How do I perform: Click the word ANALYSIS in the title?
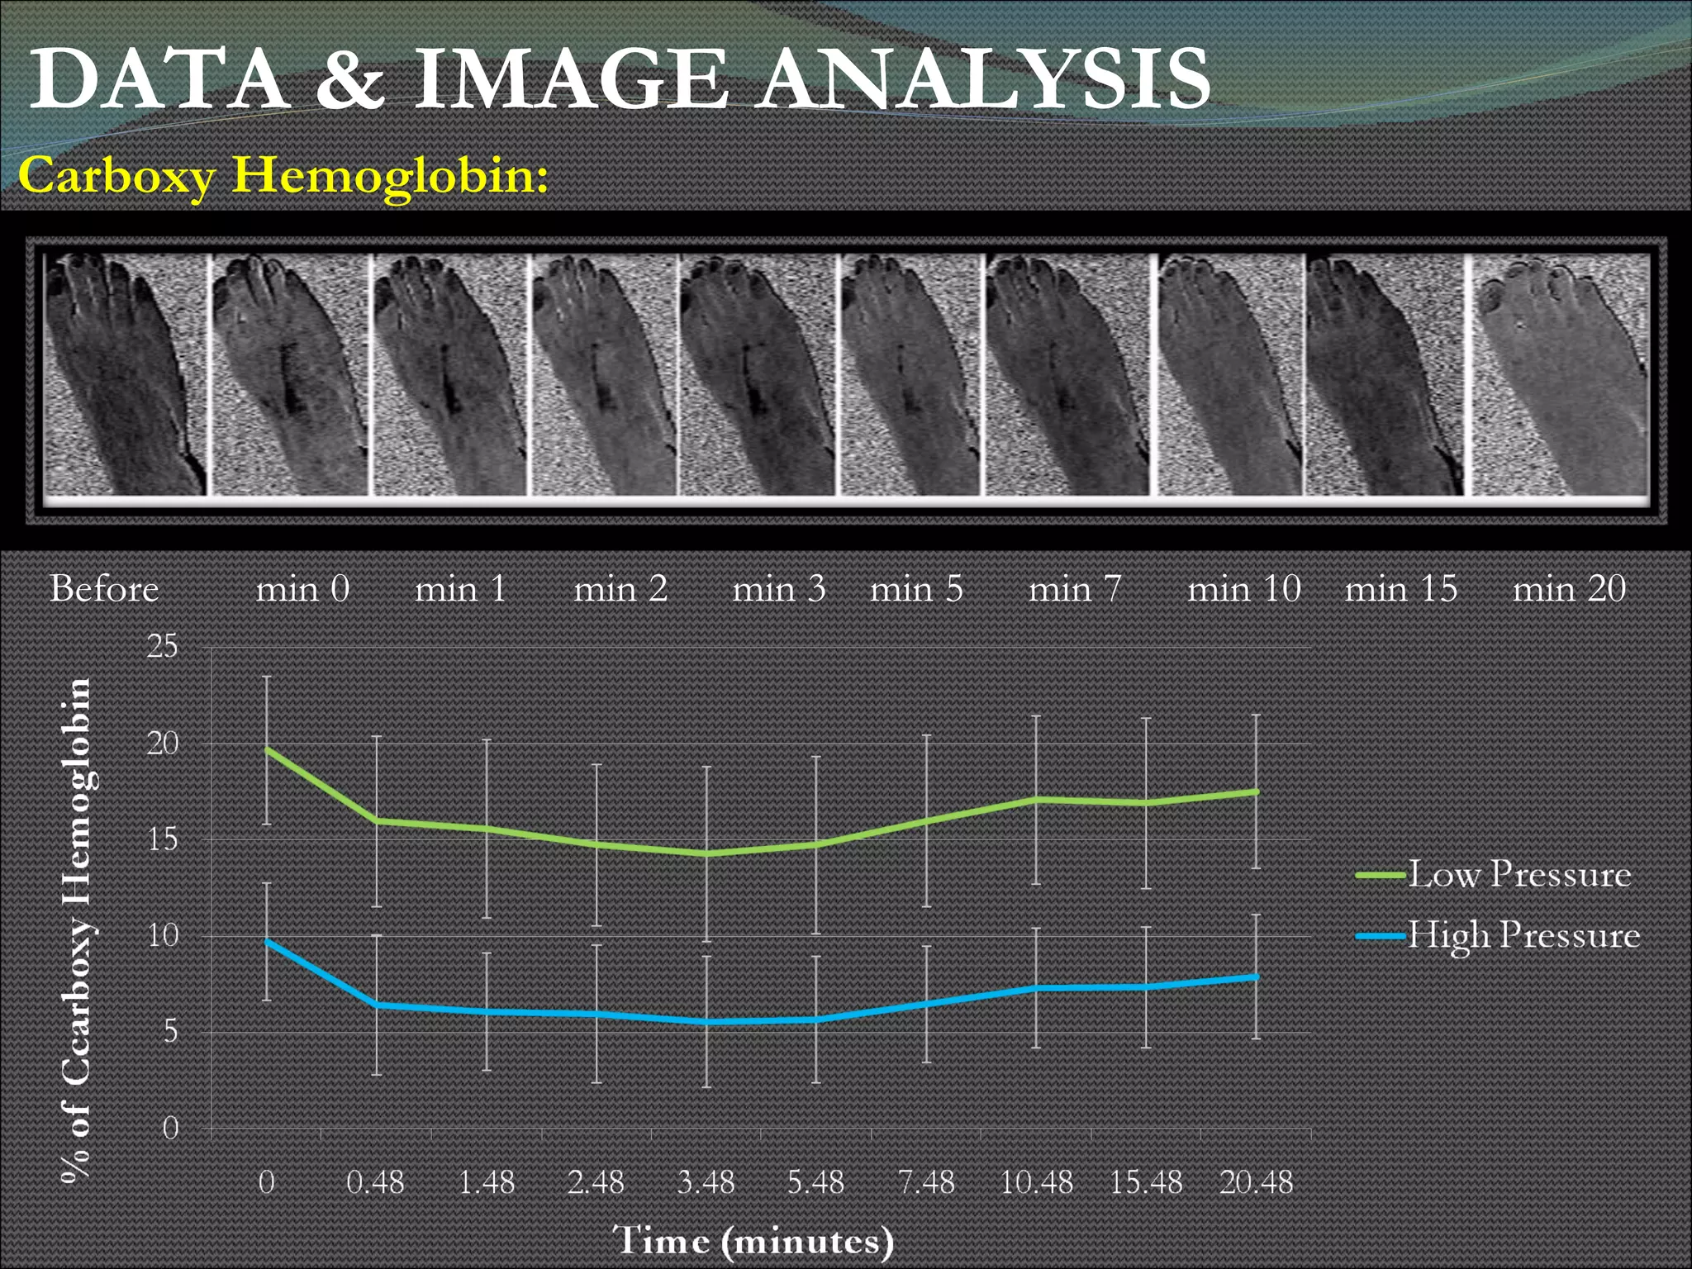(985, 79)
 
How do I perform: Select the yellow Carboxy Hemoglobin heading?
(283, 176)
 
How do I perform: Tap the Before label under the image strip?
(104, 589)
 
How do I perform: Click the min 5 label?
(916, 589)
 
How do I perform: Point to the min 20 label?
(1569, 589)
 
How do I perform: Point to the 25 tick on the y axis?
(163, 646)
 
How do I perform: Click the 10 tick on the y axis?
(163, 935)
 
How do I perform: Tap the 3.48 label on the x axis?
(706, 1182)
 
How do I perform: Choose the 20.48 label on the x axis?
(1256, 1182)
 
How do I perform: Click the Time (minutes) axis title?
(753, 1241)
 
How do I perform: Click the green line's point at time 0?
(267, 749)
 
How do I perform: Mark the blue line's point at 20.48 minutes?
(1256, 977)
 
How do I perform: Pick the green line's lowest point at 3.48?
(706, 853)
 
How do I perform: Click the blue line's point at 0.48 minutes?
(377, 1005)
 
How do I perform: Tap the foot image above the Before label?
(124, 374)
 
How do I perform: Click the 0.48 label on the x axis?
(375, 1182)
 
